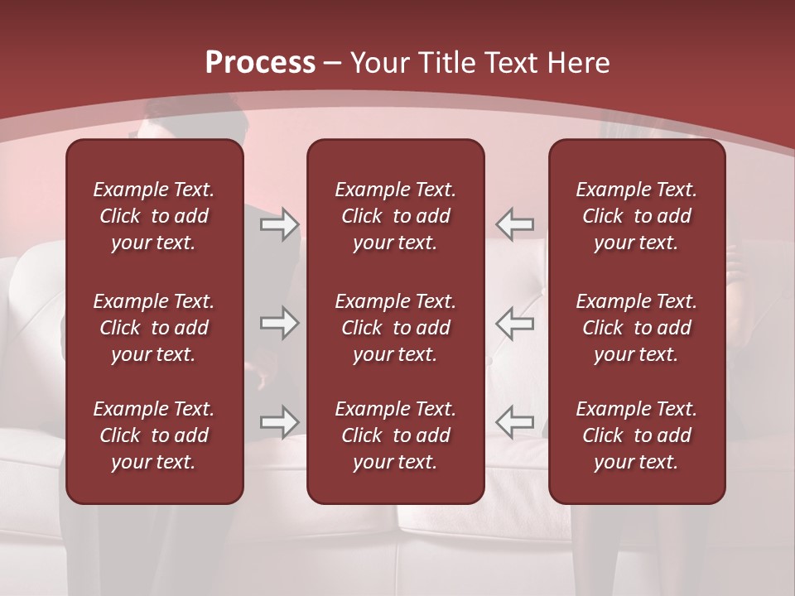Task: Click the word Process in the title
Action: (260, 62)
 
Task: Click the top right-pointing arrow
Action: (279, 224)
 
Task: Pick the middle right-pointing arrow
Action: (279, 323)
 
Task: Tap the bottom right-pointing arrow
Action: (279, 422)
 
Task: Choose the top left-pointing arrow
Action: (515, 224)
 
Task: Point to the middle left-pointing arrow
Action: (515, 323)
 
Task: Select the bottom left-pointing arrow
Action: (515, 422)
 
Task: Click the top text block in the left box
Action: (154, 216)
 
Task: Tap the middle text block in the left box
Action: (154, 328)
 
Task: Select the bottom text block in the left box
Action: (154, 435)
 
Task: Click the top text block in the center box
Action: (396, 216)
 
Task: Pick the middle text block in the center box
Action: (396, 328)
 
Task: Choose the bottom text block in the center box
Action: (396, 435)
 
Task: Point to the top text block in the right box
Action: (637, 216)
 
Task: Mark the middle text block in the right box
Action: (637, 328)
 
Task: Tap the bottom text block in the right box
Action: (637, 435)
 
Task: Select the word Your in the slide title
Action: (378, 63)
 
